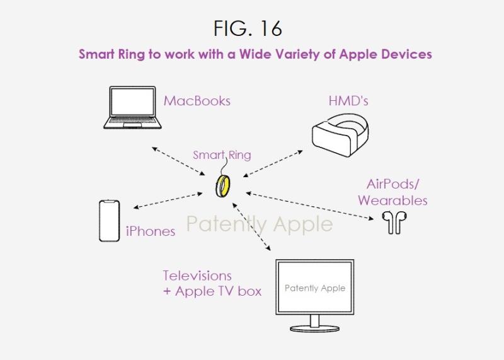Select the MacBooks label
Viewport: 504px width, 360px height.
(197, 101)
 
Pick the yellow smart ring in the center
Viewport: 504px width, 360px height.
(223, 187)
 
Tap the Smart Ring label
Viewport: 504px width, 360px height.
(221, 155)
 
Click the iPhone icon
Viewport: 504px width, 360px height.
(109, 220)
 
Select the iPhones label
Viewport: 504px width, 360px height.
(150, 231)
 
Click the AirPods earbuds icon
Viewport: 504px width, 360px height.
(394, 223)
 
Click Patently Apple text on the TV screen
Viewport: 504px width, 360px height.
(314, 288)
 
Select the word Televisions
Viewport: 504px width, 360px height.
(197, 276)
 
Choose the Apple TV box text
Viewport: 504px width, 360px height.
(217, 291)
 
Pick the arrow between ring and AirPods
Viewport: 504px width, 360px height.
(309, 204)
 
